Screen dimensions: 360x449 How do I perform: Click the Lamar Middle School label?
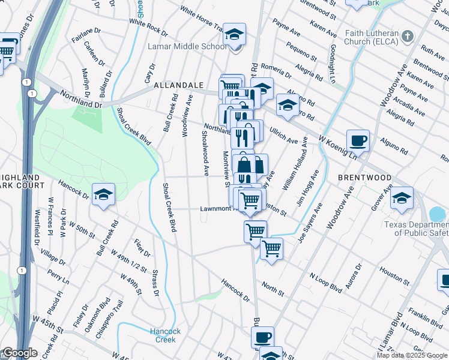click(188, 46)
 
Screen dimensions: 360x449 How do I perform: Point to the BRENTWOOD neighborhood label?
click(364, 178)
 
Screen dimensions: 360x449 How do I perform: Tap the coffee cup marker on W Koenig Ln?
click(358, 141)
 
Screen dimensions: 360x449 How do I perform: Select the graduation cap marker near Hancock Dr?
click(104, 194)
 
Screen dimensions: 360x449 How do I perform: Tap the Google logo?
click(20, 353)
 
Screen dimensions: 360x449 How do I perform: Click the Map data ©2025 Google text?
click(412, 355)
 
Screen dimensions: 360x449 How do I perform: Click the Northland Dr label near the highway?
click(80, 99)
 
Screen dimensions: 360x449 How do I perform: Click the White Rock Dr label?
click(148, 25)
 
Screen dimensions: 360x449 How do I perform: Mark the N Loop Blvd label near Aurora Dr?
click(325, 283)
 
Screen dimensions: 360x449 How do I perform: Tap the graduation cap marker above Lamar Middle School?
click(235, 34)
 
